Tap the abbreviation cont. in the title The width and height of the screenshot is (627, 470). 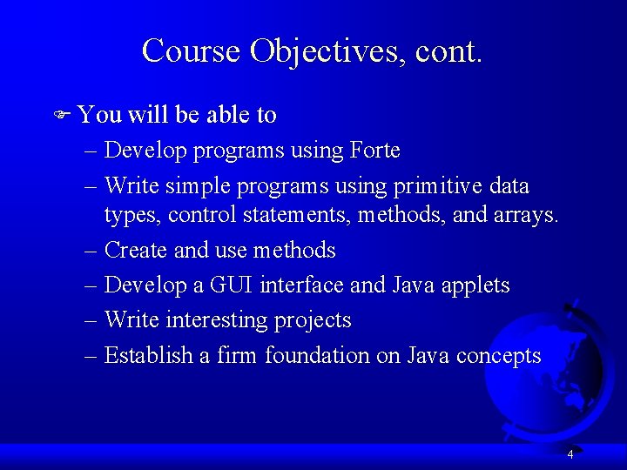coord(448,50)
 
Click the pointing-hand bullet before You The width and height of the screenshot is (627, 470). coord(62,115)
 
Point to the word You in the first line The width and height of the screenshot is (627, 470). coord(99,115)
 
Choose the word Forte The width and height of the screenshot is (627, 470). coord(374,151)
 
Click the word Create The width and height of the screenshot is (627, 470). coord(136,251)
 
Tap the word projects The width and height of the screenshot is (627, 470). coord(313,321)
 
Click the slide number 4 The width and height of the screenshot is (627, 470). coord(570,454)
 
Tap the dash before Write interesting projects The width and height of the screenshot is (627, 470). coord(92,321)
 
